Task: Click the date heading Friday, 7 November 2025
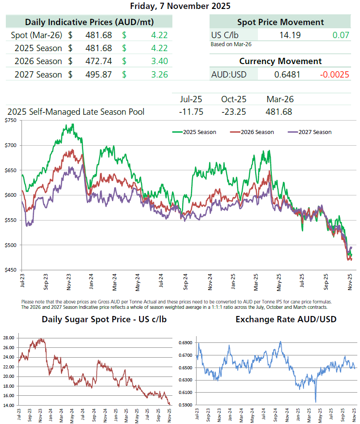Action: point(180,6)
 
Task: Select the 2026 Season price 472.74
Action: point(99,61)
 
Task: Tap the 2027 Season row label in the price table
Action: point(38,74)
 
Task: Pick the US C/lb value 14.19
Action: point(290,35)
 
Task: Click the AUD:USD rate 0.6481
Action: point(287,74)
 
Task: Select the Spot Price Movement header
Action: point(280,22)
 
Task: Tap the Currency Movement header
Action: point(280,61)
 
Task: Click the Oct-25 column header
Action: point(233,99)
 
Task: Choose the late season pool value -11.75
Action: point(191,112)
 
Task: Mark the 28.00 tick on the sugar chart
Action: point(9,337)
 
